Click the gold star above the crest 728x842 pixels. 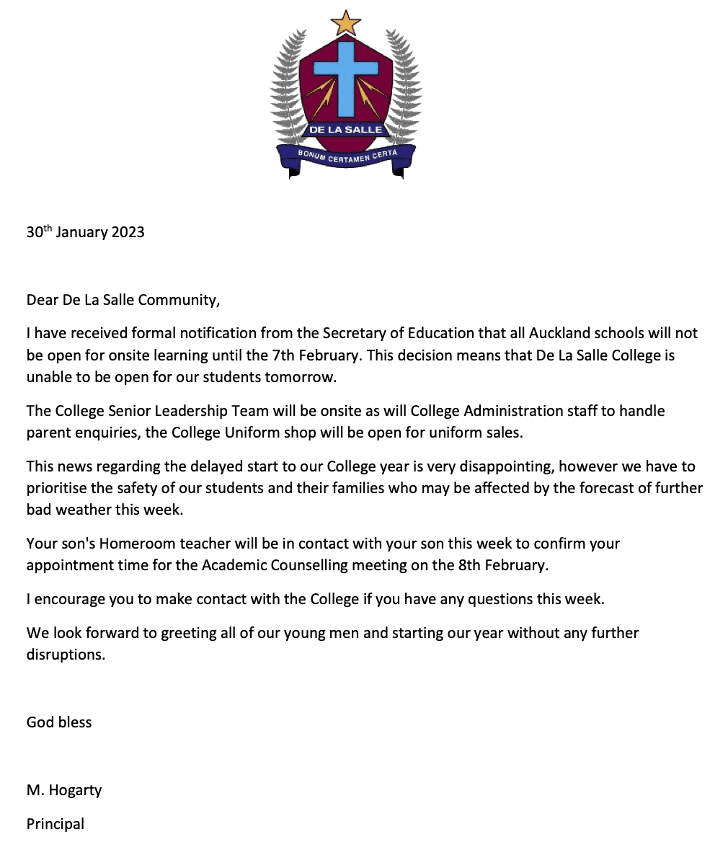345,23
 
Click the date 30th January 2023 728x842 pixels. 85,232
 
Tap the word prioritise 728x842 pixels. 58,489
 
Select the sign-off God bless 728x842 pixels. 59,722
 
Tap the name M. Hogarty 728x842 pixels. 64,790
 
